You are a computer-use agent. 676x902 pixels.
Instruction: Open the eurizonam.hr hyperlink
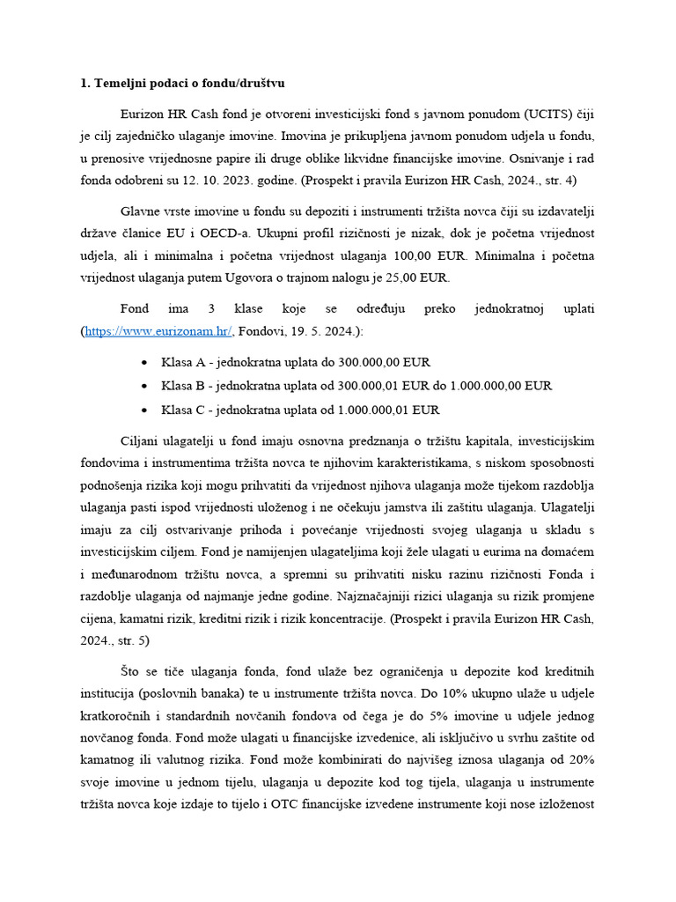[158, 331]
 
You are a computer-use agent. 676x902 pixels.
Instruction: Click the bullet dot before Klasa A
[144, 363]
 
